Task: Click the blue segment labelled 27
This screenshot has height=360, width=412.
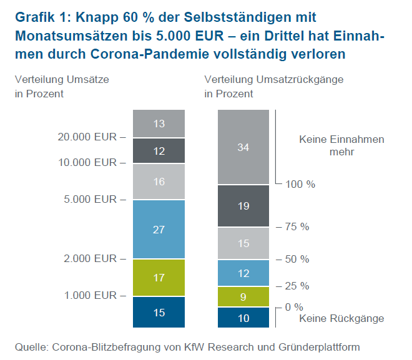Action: click(159, 229)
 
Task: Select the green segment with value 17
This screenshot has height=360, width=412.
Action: click(159, 277)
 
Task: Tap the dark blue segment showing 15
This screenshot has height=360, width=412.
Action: click(159, 312)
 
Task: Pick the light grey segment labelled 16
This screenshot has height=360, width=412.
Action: click(159, 182)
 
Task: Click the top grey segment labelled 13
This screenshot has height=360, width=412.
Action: click(159, 124)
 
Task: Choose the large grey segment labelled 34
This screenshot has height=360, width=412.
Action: click(243, 147)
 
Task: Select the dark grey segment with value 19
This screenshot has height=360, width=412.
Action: click(243, 206)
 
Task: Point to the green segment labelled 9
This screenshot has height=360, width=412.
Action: click(243, 296)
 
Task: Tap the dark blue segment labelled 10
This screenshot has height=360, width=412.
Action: click(243, 318)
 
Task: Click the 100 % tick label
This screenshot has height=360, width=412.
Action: click(300, 185)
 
